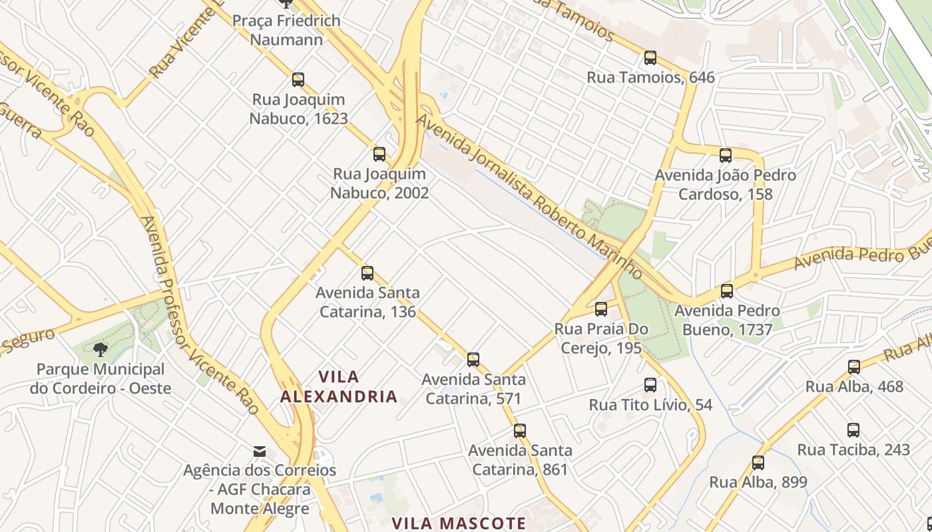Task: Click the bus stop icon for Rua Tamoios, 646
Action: (x=650, y=58)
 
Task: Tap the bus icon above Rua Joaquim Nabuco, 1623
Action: (x=298, y=80)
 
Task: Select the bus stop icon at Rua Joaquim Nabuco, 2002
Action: (x=379, y=154)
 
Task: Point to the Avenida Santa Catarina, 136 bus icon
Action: (x=367, y=273)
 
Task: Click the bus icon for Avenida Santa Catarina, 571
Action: (x=473, y=360)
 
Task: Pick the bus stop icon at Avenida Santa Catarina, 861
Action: (x=520, y=431)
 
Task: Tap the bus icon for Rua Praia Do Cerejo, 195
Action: (x=601, y=309)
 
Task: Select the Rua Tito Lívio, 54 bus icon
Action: (x=650, y=385)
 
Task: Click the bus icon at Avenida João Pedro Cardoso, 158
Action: (x=726, y=156)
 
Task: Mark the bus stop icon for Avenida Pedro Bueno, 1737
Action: (x=727, y=291)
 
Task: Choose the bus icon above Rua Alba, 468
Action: (x=854, y=367)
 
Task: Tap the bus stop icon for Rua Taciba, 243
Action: (x=853, y=430)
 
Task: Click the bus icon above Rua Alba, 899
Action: (x=758, y=463)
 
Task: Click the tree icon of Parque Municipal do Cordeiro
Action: (x=101, y=349)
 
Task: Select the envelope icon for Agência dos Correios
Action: (x=260, y=452)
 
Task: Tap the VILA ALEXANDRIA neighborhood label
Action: (x=339, y=387)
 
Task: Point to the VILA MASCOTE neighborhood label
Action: (x=459, y=523)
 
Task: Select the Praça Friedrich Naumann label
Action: (x=286, y=30)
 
